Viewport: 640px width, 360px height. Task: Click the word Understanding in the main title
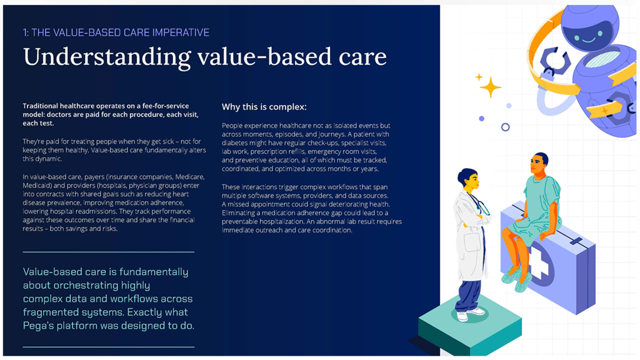coord(107,57)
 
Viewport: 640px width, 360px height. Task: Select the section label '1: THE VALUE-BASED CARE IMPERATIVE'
coord(116,32)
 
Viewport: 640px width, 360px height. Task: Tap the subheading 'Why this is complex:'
coord(264,107)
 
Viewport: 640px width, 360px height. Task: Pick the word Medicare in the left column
coord(190,177)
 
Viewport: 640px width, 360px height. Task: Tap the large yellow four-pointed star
coord(490,87)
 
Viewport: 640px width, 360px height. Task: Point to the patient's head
coord(539,164)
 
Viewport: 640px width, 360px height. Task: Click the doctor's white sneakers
coord(470,314)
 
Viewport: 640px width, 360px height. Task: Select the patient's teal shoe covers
coord(517,279)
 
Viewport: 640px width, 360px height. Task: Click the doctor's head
coord(468,179)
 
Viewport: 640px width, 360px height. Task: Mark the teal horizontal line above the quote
coord(109,252)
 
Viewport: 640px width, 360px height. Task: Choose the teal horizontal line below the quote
coord(109,347)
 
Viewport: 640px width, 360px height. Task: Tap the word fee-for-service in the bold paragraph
coord(166,106)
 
